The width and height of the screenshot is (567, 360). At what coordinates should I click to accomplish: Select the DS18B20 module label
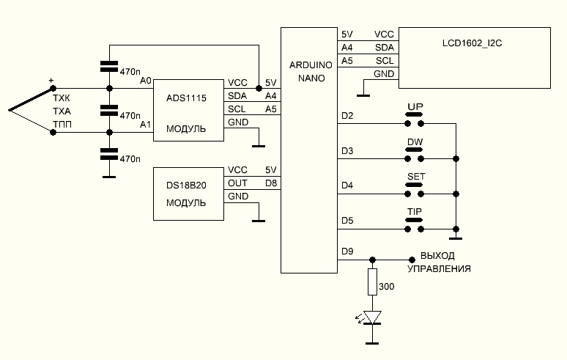click(x=186, y=185)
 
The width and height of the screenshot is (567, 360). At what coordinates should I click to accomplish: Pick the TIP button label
click(x=415, y=211)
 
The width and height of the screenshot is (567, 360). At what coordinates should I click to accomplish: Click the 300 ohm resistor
click(x=373, y=281)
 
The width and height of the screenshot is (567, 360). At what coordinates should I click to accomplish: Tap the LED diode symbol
click(x=373, y=317)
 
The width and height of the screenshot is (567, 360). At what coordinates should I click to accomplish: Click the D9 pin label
click(x=347, y=251)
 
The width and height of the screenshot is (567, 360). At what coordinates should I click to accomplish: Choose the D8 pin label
click(x=270, y=183)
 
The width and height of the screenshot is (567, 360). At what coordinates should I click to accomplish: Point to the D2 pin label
click(x=347, y=116)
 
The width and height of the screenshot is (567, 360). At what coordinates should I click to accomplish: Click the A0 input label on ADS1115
click(x=145, y=81)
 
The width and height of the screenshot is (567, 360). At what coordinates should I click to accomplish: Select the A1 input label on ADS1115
click(x=145, y=125)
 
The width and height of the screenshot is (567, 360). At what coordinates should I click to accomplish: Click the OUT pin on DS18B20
click(x=237, y=183)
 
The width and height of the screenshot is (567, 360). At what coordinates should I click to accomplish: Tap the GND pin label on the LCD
click(x=384, y=74)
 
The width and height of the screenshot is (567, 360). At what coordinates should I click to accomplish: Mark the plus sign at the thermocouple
click(x=51, y=81)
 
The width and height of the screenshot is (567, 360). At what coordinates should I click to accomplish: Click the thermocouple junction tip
click(x=10, y=111)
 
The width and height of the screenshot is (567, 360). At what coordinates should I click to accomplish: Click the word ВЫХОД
click(x=437, y=257)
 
